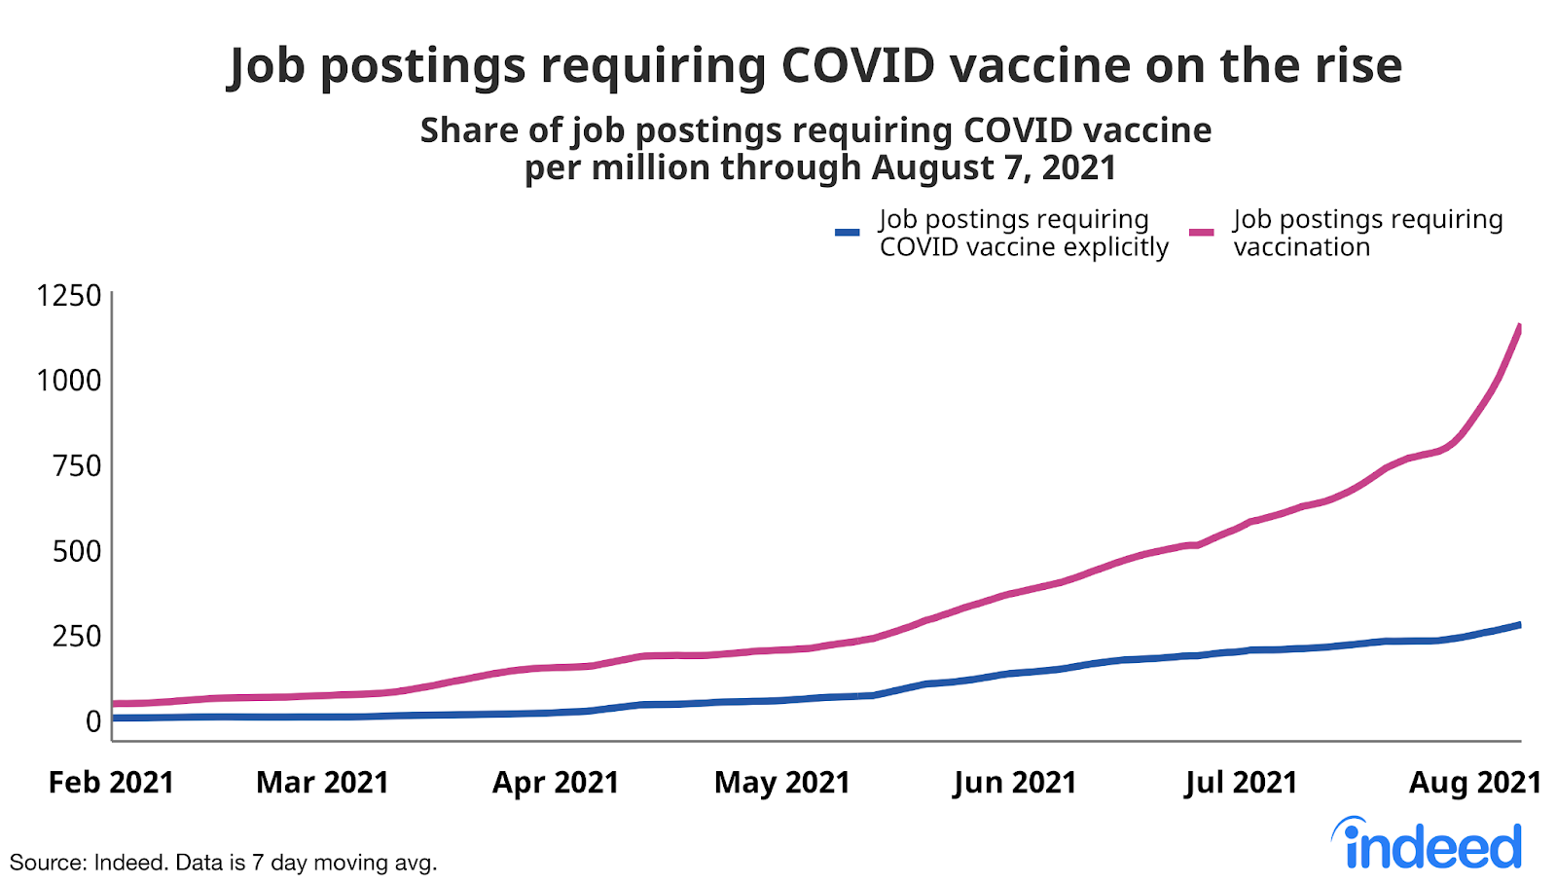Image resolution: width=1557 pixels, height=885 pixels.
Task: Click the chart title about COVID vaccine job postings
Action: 815,66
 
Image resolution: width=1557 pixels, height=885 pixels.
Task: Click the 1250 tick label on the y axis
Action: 68,295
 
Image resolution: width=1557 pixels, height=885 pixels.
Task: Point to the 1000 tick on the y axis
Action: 68,380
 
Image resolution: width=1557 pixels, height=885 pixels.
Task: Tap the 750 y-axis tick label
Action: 77,465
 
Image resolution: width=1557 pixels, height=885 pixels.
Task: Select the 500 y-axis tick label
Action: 77,551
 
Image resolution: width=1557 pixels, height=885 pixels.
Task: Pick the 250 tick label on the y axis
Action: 77,636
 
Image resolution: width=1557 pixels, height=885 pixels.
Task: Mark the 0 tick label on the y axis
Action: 93,721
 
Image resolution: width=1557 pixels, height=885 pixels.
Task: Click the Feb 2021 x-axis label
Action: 111,783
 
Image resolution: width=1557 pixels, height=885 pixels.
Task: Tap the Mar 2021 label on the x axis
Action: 322,783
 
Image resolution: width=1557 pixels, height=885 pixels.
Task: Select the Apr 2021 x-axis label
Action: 556,783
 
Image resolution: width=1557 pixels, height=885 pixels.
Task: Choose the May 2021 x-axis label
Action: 782,783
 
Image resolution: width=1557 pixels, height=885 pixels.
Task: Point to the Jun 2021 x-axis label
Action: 1015,783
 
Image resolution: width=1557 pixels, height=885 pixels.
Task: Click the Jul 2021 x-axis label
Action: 1241,783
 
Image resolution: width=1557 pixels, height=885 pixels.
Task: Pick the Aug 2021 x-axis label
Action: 1475,783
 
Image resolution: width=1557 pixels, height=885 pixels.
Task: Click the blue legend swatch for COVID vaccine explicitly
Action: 848,233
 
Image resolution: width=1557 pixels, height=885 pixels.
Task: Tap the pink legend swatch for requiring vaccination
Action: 1202,233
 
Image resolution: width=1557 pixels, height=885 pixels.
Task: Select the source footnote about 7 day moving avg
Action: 223,863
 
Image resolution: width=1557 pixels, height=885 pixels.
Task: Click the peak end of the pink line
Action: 1519,327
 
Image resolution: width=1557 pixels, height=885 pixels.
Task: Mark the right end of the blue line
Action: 1519,625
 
